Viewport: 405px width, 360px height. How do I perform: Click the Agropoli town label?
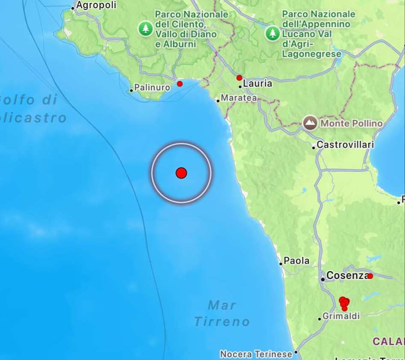tap(96, 6)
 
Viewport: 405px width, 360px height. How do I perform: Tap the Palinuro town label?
tap(152, 88)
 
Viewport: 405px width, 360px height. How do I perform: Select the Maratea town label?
tap(239, 98)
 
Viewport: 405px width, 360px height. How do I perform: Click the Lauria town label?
tap(257, 84)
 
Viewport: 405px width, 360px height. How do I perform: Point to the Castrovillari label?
tap(345, 145)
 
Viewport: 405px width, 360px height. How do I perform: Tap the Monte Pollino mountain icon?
tap(310, 123)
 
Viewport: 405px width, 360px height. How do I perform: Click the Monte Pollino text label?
tap(351, 124)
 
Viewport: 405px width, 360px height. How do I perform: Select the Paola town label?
tap(296, 261)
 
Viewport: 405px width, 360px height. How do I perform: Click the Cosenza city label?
tap(347, 276)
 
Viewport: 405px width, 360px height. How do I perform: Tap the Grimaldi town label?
tap(341, 316)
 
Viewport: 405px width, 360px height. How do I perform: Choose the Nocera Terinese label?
tap(256, 354)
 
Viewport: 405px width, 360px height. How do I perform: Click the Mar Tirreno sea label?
tap(222, 313)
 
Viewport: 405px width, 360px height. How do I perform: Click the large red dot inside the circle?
tap(181, 173)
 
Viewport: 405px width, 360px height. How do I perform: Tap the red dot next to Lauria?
tap(239, 78)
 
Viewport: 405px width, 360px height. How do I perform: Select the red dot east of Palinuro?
tap(180, 84)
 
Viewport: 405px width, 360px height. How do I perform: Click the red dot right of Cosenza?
tap(370, 276)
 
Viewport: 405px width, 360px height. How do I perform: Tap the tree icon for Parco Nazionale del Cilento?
tap(146, 29)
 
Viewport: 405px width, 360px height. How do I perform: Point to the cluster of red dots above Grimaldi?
tap(344, 303)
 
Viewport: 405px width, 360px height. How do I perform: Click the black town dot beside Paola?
tap(281, 264)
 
